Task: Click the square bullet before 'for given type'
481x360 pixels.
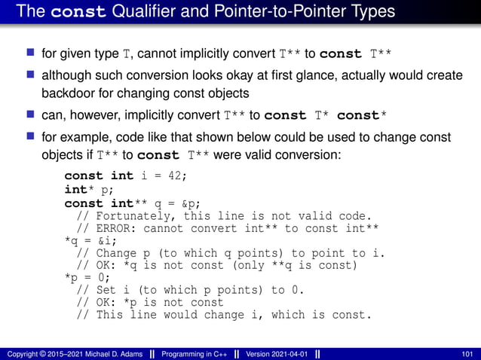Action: point(31,53)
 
